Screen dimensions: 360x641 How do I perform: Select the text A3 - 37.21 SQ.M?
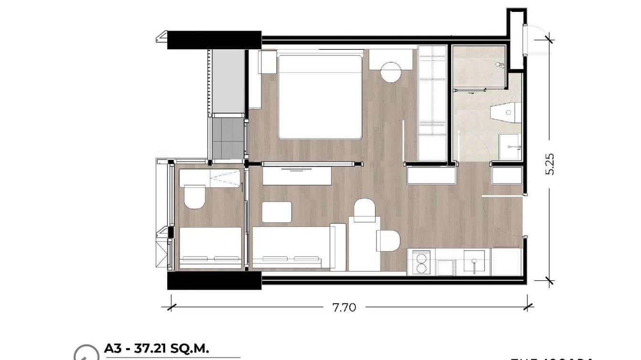pyautogui.click(x=157, y=348)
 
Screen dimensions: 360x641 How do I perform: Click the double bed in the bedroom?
pyautogui.click(x=319, y=97)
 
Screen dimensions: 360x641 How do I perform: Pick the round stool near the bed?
pyautogui.click(x=392, y=72)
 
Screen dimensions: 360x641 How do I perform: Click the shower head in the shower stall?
pyautogui.click(x=499, y=64)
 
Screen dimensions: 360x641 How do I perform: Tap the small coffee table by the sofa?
pyautogui.click(x=277, y=212)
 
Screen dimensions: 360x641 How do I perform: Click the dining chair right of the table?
pyautogui.click(x=387, y=241)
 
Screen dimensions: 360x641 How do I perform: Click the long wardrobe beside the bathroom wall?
pyautogui.click(x=432, y=103)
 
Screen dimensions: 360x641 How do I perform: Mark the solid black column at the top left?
pyautogui.click(x=214, y=40)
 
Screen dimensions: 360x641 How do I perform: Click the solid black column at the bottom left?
pyautogui.click(x=214, y=281)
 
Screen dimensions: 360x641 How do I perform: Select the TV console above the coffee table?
pyautogui.click(x=297, y=176)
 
